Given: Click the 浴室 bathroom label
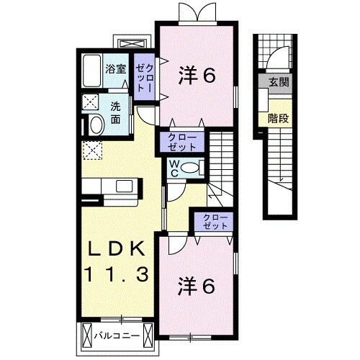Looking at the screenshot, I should click(x=114, y=69).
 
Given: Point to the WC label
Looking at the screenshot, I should click(x=174, y=168).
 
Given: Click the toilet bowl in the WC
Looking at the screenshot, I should click(x=190, y=167).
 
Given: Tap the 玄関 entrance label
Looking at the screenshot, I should click(x=278, y=84).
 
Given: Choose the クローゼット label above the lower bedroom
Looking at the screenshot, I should click(x=210, y=221).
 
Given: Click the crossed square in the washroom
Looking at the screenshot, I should click(x=91, y=102).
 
